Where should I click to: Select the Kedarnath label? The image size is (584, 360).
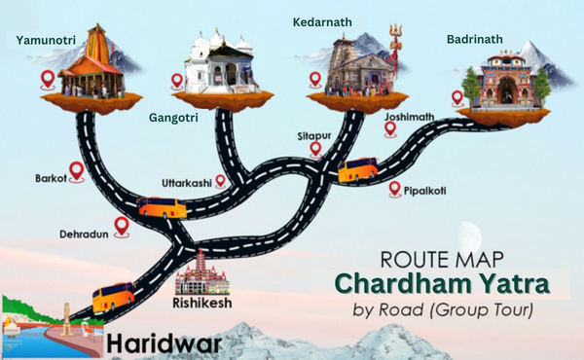pyautogui.click(x=322, y=20)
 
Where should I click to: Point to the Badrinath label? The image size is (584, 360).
pyautogui.click(x=475, y=39)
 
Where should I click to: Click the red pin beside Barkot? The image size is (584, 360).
pyautogui.click(x=76, y=171)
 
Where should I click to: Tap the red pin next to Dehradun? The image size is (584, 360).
pyautogui.click(x=122, y=227)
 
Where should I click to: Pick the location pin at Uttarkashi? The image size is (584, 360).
pyautogui.click(x=221, y=180)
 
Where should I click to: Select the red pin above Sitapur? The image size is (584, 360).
pyautogui.click(x=315, y=149)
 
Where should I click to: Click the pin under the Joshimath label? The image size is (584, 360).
pyautogui.click(x=390, y=128)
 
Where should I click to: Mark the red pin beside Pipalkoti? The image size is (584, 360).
pyautogui.click(x=393, y=189)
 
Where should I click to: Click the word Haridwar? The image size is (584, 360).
pyautogui.click(x=163, y=342)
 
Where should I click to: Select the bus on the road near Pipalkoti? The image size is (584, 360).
pyautogui.click(x=357, y=170)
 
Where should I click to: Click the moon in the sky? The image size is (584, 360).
pyautogui.click(x=473, y=234)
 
